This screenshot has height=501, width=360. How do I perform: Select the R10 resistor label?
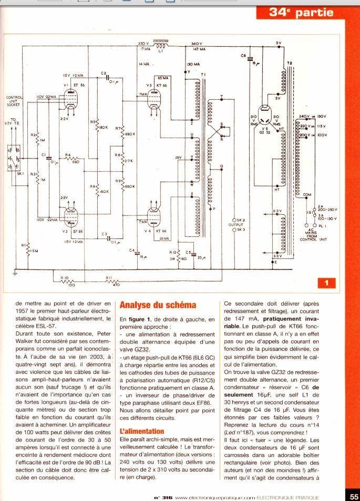65,277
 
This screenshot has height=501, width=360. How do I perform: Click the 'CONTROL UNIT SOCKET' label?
14,101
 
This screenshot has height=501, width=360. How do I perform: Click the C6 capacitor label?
243,55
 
